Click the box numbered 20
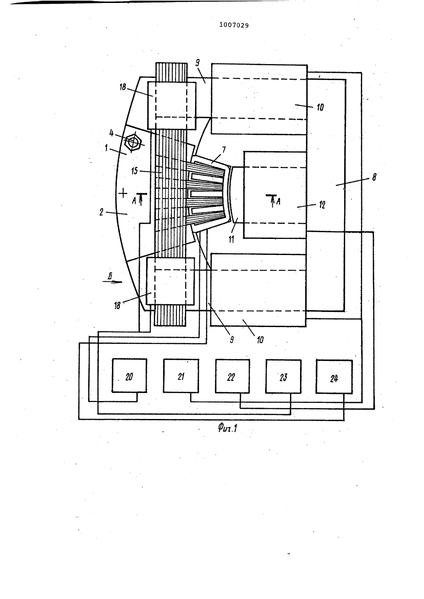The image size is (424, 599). pos(129,375)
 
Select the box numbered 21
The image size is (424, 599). pos(181,376)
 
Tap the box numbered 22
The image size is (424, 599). pos(232,376)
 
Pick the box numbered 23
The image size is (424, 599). pos(283,376)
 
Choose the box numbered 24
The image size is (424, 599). pos(334,377)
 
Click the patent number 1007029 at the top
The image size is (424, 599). pos(234,25)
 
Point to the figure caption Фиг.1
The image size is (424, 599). pos(228,429)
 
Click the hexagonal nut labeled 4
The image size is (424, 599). pos(133,142)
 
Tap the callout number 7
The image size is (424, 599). pos(224,150)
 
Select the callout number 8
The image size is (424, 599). pos(374,177)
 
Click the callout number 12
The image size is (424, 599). pos(322,205)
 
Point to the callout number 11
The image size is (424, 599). pos(232,239)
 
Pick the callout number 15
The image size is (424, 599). pos(134,171)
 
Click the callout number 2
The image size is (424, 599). pos(101,212)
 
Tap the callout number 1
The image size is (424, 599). pos(106,148)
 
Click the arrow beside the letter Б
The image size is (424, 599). pos(112,281)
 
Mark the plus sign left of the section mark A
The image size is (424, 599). pos(123,192)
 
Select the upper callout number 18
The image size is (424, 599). pos(123,87)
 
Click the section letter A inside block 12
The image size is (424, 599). pos(279,201)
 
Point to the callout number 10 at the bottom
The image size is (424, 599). pos(260,340)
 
